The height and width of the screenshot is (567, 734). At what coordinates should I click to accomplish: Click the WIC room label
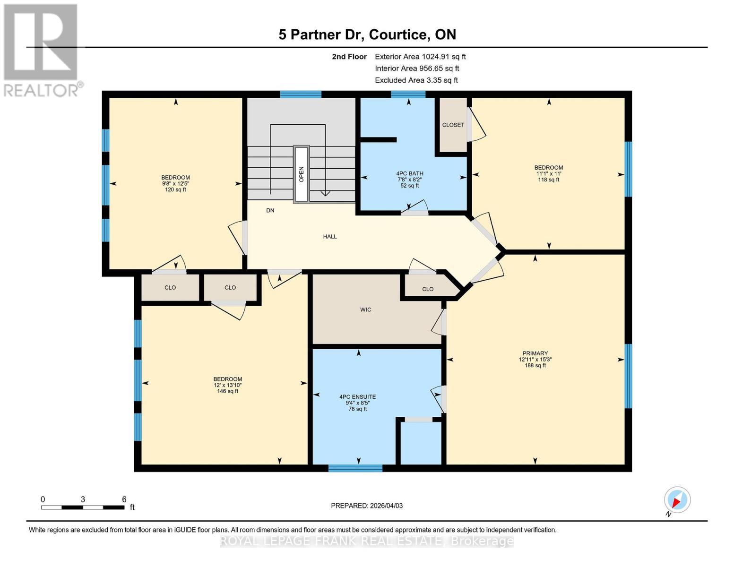(365, 310)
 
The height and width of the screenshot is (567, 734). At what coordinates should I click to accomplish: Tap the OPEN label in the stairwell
(301, 174)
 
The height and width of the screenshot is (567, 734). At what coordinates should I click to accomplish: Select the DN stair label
(270, 211)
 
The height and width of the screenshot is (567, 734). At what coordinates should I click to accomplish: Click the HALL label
(330, 237)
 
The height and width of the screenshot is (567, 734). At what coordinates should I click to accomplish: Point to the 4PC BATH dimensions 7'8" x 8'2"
(409, 180)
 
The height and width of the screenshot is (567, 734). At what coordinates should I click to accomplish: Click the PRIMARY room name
(535, 353)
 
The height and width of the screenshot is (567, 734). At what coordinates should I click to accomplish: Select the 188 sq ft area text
(535, 365)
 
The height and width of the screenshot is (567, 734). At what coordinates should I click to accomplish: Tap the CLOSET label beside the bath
(453, 125)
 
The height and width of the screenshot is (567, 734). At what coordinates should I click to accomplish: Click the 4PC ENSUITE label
(357, 397)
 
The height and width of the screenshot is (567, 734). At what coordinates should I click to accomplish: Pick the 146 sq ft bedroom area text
(227, 391)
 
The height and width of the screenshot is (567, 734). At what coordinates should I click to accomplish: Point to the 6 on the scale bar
(124, 499)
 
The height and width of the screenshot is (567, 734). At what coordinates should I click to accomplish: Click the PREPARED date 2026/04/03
(367, 506)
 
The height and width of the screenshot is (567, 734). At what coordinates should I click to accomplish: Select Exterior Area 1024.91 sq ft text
(420, 57)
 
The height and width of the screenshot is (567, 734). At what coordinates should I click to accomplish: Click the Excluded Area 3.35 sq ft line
(416, 80)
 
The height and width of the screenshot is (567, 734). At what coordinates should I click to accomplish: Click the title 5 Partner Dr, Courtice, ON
(367, 34)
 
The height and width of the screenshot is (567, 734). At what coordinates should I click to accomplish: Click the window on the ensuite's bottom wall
(355, 468)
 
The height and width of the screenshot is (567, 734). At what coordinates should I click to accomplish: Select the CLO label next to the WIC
(427, 289)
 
